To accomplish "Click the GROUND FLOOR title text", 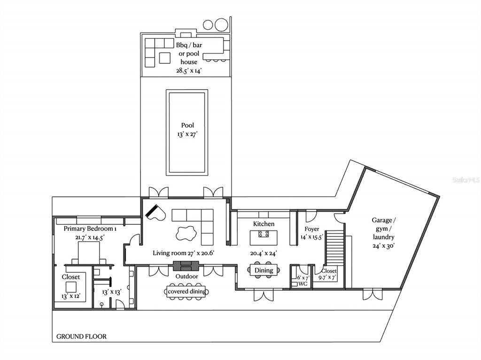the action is [x=81, y=337].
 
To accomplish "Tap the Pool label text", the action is [x=187, y=125].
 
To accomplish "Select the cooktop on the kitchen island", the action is [x=264, y=234].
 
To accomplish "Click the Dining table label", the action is [x=264, y=270].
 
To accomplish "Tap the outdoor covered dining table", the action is [x=187, y=291].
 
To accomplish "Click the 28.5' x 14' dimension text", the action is [x=189, y=70].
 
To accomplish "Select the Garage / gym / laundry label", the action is [x=383, y=229].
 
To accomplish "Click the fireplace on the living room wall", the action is [x=186, y=266].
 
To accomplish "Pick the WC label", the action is [x=303, y=284].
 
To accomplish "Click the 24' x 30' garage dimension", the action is [x=384, y=245].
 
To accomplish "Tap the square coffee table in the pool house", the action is [x=165, y=58].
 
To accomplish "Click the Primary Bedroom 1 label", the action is [x=90, y=229].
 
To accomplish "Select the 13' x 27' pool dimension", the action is [x=187, y=134].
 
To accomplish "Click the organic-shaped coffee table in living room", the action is [x=186, y=233].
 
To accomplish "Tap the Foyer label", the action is [x=312, y=229].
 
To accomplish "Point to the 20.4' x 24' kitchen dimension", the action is [x=264, y=253].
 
